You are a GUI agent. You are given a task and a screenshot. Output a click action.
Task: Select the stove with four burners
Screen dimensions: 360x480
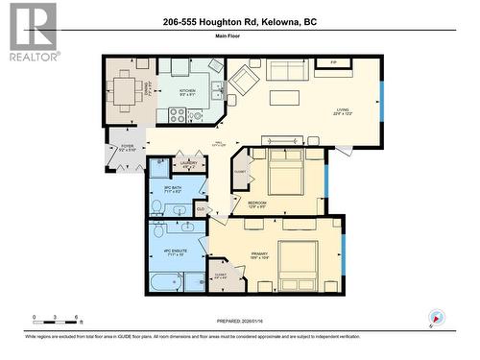(x=178, y=115)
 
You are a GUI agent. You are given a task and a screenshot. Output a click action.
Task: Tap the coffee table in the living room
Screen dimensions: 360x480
(x=283, y=97)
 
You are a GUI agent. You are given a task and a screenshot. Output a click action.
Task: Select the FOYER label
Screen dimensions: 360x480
(x=125, y=148)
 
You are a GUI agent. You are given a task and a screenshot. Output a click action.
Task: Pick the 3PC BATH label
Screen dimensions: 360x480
(x=174, y=190)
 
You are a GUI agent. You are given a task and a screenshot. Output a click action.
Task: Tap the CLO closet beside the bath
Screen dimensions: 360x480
(x=201, y=208)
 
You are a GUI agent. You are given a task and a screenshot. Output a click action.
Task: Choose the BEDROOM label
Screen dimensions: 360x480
(x=258, y=204)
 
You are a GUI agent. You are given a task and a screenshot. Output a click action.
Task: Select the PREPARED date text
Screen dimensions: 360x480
(x=239, y=322)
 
